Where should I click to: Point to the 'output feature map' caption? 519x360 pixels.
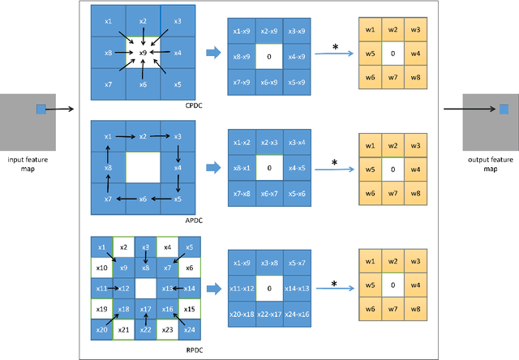coord(490,163)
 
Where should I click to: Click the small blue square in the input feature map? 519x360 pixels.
coord(41,109)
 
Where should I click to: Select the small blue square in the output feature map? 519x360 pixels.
coord(503,109)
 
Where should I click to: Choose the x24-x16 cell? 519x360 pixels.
coord(298,313)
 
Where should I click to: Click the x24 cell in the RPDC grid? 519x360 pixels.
coord(189,330)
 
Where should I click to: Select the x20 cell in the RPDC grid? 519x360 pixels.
coord(102,330)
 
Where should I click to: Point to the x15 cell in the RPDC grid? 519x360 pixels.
coord(189,309)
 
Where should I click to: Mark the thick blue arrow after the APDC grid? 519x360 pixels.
coord(213,169)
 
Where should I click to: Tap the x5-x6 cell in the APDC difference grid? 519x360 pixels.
coord(298,194)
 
